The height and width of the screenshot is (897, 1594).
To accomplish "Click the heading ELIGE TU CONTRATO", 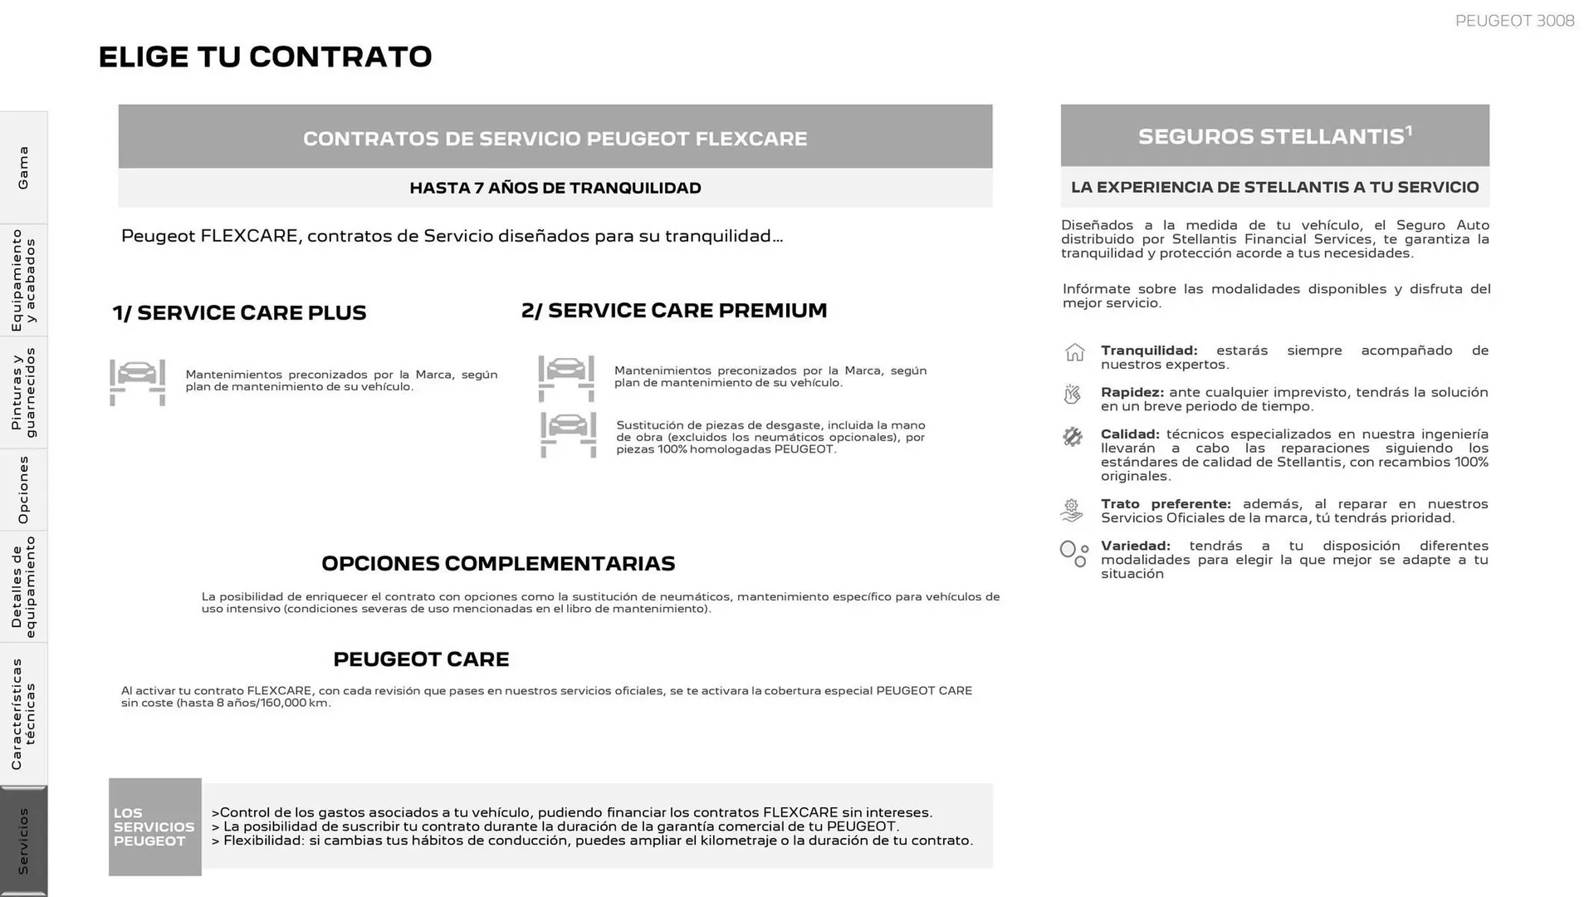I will (265, 56).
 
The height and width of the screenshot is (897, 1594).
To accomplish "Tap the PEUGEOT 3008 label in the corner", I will (1513, 21).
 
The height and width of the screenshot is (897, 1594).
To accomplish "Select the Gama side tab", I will (23, 167).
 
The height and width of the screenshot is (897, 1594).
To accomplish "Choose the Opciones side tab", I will (23, 489).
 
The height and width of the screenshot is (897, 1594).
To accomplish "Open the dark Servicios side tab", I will (23, 841).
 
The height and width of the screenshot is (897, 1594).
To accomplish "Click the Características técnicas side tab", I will (23, 713).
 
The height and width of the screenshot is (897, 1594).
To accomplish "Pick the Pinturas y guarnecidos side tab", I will (23, 392).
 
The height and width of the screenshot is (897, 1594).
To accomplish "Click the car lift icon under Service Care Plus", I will (137, 382).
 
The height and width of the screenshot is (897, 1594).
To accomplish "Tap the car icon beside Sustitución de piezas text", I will (568, 434).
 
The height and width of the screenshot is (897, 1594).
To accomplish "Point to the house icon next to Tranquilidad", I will (1074, 353).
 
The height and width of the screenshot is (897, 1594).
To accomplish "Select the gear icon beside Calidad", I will (1073, 437).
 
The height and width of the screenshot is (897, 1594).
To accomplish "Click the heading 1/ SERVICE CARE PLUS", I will (239, 313).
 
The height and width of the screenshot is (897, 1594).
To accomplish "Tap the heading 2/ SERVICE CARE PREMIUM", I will (674, 311).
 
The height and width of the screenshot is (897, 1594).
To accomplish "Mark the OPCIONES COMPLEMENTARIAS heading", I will (498, 564).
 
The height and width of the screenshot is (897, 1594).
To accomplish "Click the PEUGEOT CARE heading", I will (421, 659).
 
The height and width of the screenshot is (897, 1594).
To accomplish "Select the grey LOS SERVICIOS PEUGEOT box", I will (154, 826).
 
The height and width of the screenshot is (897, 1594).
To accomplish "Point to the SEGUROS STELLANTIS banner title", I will (1274, 136).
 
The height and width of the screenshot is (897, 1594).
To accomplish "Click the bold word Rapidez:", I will (1132, 392).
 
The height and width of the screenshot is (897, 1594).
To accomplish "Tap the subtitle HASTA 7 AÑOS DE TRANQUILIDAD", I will (555, 188).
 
